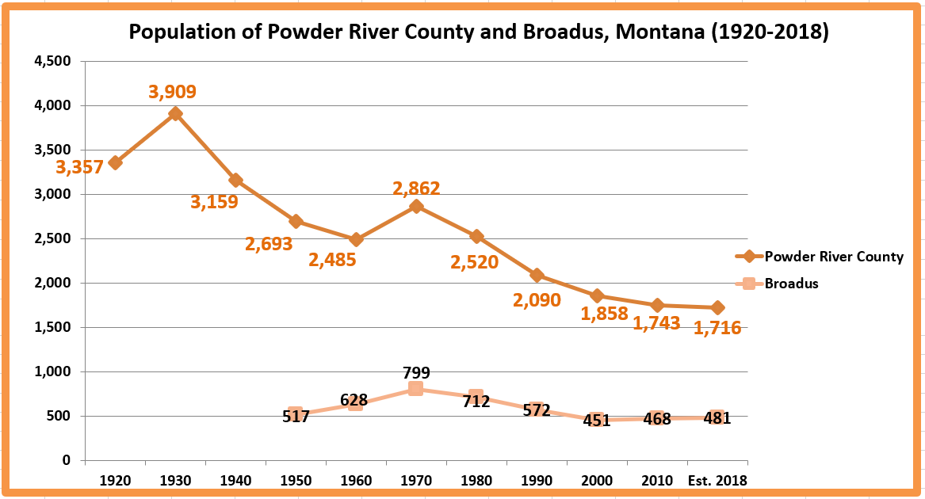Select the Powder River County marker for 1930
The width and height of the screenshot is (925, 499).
pos(175,113)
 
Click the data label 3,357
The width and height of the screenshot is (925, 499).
pos(79,167)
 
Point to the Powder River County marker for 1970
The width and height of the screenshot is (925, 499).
pos(416,207)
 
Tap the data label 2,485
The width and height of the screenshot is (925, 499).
pos(331,259)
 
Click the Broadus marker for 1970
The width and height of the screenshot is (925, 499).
pos(416,389)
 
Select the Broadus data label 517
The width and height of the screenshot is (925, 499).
pos(296,415)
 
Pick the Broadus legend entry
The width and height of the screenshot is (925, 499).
pos(790,283)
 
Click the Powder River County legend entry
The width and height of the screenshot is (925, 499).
pos(832,257)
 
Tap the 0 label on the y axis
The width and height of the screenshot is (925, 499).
pos(67,460)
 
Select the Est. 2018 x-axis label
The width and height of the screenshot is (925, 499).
pos(717,481)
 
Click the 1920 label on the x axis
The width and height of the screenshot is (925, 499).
pos(116,481)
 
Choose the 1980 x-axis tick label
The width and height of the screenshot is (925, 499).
pos(476,481)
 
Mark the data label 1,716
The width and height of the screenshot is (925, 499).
pos(717,327)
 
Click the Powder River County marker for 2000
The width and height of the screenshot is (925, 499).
pos(597,296)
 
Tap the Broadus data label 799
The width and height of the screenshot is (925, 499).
pos(416,372)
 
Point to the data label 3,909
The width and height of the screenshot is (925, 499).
pos(173,92)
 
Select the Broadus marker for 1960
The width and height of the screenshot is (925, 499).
pos(356,404)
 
